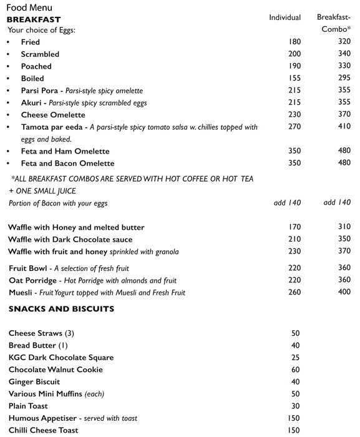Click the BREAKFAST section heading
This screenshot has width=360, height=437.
(x=33, y=19)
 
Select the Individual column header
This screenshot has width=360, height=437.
(x=285, y=17)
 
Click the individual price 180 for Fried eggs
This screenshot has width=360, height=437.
(x=294, y=42)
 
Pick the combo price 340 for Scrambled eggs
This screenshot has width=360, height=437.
(x=344, y=54)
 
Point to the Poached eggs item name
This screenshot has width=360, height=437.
(x=36, y=66)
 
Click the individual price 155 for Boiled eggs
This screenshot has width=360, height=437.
(x=294, y=79)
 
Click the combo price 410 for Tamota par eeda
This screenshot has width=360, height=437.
(x=344, y=127)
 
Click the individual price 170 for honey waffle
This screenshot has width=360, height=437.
(x=294, y=227)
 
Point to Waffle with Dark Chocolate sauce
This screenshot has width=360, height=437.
(x=70, y=240)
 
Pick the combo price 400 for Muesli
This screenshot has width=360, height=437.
(x=344, y=292)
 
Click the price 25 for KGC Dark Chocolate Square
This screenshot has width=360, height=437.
(x=295, y=358)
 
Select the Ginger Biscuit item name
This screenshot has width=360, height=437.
(x=34, y=382)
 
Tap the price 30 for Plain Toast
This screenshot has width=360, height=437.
(x=295, y=406)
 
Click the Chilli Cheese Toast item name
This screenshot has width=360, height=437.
(x=44, y=431)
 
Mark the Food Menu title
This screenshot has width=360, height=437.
(x=29, y=7)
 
